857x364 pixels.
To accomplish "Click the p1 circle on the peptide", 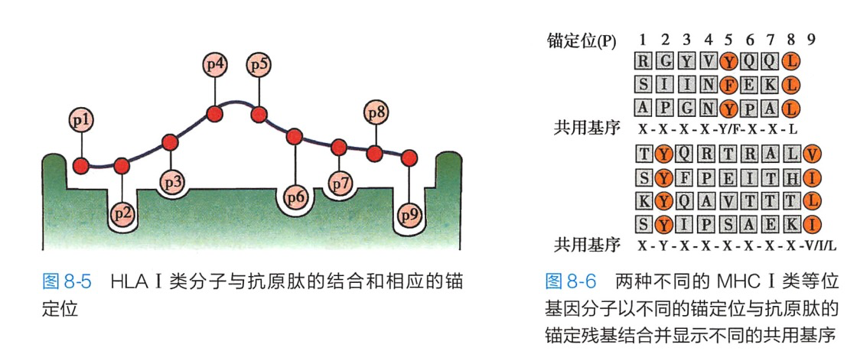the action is (81, 120).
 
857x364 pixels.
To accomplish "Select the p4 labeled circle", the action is (216, 64).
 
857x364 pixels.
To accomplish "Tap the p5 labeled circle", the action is (259, 64).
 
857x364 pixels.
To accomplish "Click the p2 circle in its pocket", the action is (122, 214).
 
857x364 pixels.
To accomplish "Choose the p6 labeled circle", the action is (295, 197).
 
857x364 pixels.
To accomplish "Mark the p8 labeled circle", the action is (375, 113).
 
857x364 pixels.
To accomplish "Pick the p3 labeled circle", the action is (172, 182).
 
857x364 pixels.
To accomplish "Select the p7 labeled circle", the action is (339, 184).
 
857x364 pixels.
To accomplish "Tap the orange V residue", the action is (813, 154).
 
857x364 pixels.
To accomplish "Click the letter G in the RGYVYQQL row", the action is (666, 60).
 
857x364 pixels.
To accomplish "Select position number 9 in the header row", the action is (811, 39).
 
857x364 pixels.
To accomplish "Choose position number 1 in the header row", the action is (644, 39).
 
